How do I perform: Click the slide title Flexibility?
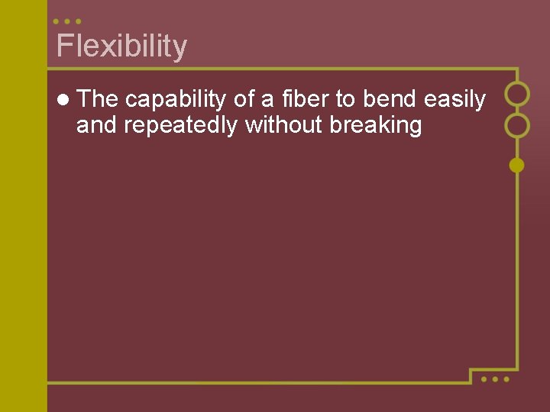(121, 47)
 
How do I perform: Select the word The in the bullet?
(97, 99)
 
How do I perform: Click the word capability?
(176, 100)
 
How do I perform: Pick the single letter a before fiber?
(267, 100)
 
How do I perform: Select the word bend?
(390, 99)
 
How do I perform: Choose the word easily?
(455, 100)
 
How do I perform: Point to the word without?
(283, 125)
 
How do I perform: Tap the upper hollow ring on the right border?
(517, 94)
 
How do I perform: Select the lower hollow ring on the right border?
(517, 124)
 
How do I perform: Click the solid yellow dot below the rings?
(517, 165)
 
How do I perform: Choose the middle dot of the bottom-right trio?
(495, 378)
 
